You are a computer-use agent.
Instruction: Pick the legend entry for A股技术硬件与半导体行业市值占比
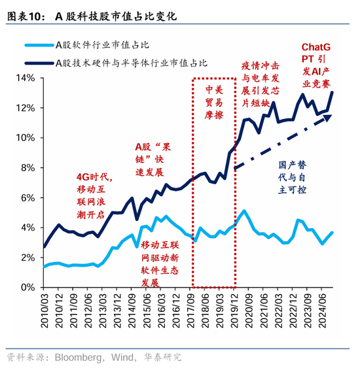point(131,63)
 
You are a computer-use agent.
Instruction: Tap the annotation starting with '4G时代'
point(95,195)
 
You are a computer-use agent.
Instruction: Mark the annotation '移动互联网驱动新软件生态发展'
point(159,263)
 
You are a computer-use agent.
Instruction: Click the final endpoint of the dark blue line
point(333,92)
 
